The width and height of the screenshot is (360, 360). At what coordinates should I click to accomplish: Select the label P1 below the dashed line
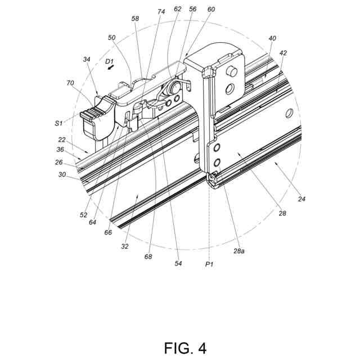point(209,263)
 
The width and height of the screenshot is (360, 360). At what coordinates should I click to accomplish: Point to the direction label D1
point(110,60)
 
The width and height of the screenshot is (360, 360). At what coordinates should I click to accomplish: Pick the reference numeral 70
point(70,83)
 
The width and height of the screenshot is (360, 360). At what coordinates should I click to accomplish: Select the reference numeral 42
point(283,53)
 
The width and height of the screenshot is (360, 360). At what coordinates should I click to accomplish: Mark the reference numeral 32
point(125,246)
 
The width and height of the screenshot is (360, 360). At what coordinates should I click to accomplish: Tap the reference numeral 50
point(111,38)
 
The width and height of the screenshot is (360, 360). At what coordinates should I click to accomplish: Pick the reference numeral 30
point(61,174)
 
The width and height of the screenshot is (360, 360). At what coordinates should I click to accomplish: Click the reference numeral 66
point(107,232)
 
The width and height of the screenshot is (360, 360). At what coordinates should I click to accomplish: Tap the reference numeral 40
point(273,38)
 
